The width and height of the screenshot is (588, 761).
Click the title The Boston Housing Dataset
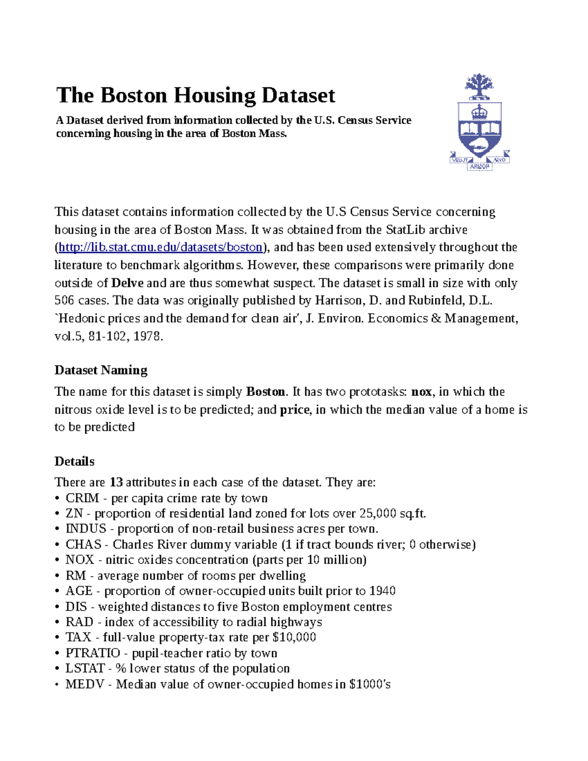(x=196, y=96)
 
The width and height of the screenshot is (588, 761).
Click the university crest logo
(x=479, y=123)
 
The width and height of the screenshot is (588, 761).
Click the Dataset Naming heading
(x=100, y=370)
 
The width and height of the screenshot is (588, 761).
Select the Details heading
(x=74, y=462)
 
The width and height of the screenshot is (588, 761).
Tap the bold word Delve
(x=127, y=283)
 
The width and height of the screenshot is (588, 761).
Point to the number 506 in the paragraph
(x=64, y=301)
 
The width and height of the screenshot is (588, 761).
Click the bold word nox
(x=421, y=392)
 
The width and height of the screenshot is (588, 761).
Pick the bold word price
(x=294, y=410)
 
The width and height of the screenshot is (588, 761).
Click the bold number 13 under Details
(x=116, y=483)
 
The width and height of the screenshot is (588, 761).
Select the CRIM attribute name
(x=82, y=498)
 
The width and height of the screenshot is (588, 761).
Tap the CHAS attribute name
(x=83, y=545)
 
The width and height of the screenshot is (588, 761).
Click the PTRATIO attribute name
(x=93, y=653)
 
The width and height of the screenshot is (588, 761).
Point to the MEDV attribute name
(x=85, y=685)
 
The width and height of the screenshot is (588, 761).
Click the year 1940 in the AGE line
(x=382, y=591)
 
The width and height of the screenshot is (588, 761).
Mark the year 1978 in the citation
(x=147, y=337)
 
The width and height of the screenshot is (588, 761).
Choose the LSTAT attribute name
(x=85, y=669)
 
